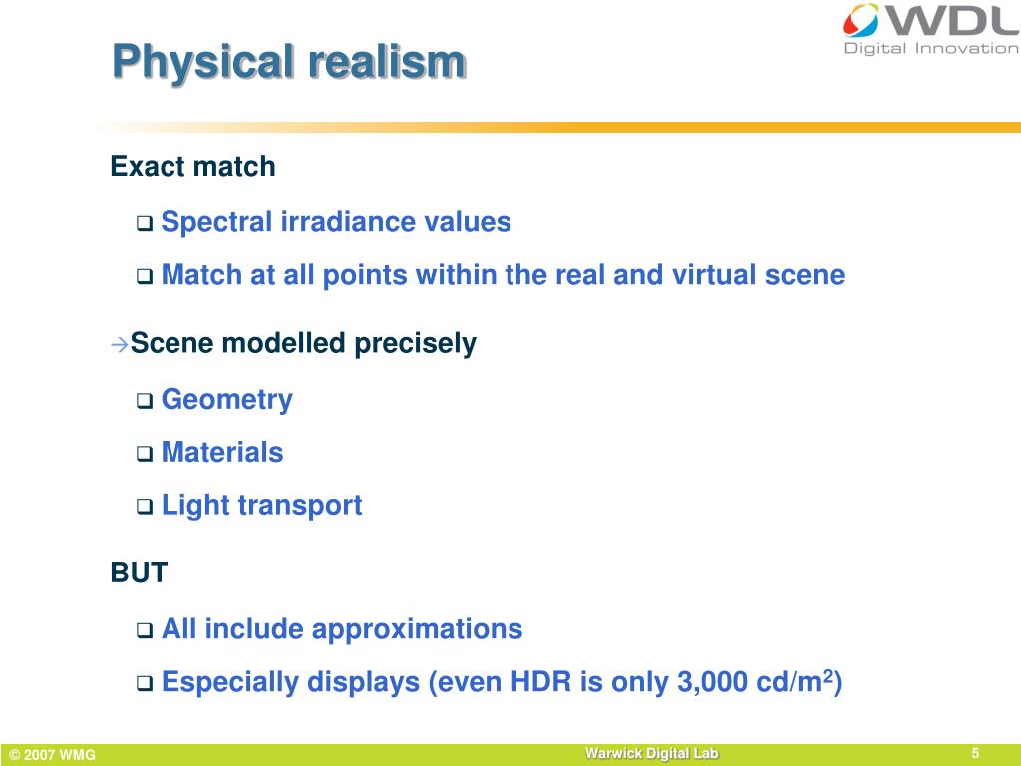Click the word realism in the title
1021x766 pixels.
(x=387, y=61)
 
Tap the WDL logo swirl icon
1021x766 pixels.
(x=860, y=20)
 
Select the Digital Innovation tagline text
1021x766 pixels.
(x=931, y=48)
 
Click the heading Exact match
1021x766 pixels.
(x=192, y=167)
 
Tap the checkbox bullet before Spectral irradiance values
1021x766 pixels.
(x=144, y=224)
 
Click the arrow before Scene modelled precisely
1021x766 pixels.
(x=120, y=344)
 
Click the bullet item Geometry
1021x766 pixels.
(x=226, y=399)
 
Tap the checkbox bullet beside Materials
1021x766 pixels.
(x=144, y=454)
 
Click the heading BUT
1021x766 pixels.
(x=139, y=573)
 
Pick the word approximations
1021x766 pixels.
(x=417, y=630)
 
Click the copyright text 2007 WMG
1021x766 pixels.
(x=53, y=755)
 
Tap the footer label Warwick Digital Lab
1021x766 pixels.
(x=651, y=754)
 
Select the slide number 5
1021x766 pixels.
(x=975, y=753)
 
